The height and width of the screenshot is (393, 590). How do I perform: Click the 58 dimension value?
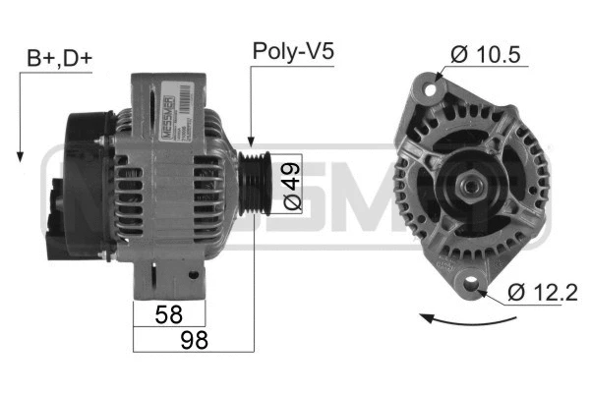click(169, 314)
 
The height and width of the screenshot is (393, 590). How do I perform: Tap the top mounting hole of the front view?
click(429, 88)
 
